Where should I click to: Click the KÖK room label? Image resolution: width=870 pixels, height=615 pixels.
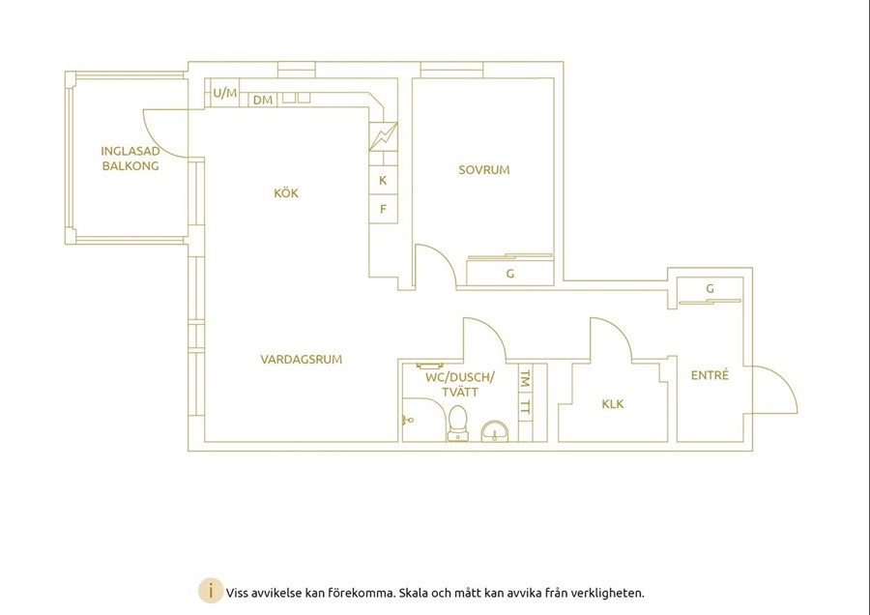pos(286,193)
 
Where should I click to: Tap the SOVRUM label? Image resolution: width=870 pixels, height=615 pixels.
pos(484,170)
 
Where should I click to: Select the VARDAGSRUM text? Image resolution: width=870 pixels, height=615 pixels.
pos(302,359)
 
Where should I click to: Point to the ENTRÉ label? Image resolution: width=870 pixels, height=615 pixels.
pos(710,374)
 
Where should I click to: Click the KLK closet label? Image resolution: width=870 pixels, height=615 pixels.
pos(613,404)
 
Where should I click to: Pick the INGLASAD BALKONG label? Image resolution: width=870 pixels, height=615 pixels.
pos(130,159)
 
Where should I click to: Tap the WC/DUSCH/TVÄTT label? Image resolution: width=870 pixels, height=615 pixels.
pos(460,385)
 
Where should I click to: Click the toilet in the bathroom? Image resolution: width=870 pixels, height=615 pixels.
pos(458,424)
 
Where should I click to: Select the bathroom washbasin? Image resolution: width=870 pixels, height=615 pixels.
pos(494,432)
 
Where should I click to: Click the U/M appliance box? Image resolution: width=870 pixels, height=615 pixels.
pos(224,93)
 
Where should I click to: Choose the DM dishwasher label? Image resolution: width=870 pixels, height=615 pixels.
pos(263,100)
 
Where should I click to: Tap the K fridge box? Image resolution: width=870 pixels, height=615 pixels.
pos(384,181)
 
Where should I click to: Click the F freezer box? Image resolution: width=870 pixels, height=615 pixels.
pos(384,209)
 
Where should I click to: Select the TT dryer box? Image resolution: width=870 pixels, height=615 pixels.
pos(525,407)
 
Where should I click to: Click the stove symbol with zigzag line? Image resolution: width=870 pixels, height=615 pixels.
pos(384,136)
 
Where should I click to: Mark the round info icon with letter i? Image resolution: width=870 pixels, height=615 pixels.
pos(211,591)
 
